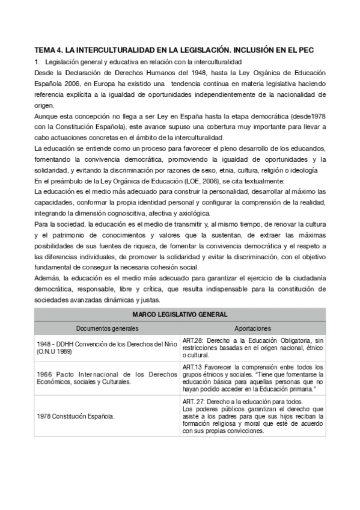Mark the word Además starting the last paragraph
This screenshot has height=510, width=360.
point(47,278)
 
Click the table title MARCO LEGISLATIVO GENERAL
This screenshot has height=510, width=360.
point(180,315)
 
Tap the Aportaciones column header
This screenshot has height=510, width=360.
point(252,328)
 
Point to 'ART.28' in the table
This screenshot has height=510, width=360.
point(193,340)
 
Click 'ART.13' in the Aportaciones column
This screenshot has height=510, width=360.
point(192,367)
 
